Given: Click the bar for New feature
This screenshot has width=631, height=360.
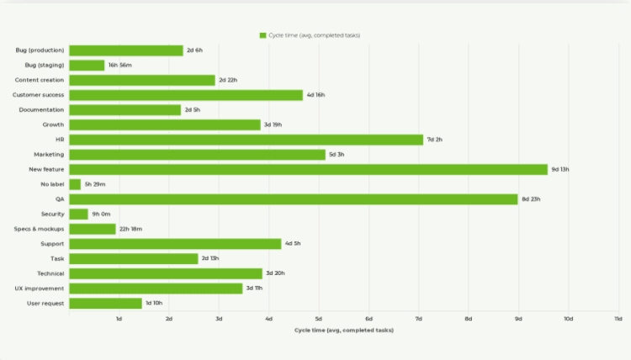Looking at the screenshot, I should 308,169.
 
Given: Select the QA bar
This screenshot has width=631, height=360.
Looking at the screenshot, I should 293,199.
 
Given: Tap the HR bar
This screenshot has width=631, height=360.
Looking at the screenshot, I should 246,140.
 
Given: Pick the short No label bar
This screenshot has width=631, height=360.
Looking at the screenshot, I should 75,184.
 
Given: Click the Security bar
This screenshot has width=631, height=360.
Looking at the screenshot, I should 78,214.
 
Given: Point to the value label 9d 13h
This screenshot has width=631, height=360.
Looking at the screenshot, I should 560,169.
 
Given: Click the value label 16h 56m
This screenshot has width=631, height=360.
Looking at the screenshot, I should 119,66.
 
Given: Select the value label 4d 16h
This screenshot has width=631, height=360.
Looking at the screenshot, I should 315,95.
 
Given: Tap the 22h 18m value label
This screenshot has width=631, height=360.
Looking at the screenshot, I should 130,229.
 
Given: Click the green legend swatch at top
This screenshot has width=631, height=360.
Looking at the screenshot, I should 263,35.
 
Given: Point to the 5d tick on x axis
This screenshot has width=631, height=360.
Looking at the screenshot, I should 319,319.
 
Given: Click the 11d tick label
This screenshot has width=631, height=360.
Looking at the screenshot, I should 618,319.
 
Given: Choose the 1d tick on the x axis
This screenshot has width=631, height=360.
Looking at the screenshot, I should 119,319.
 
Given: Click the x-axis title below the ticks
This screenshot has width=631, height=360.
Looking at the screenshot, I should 343,330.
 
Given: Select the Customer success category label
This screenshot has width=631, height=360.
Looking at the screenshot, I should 38,95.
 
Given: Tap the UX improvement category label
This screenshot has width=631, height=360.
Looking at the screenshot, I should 40,289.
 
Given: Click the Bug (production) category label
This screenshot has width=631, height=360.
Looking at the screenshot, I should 40,50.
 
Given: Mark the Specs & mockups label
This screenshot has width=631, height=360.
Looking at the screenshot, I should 39,229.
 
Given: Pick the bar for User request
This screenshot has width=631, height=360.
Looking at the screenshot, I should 105,303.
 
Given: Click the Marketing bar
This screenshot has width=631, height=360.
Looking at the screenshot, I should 197,155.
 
